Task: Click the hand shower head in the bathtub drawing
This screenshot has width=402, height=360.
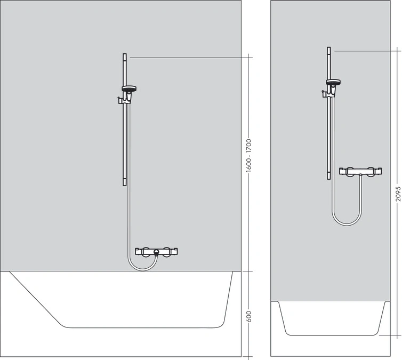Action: pos(128,89)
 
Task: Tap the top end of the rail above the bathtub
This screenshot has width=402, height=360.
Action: pos(125,55)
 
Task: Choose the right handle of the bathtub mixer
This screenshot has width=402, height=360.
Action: pos(169,251)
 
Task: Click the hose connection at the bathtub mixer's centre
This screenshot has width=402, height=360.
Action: pos(156,253)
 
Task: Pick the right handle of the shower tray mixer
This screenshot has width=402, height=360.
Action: pos(374,172)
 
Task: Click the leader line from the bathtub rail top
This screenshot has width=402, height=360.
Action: pos(187,56)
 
